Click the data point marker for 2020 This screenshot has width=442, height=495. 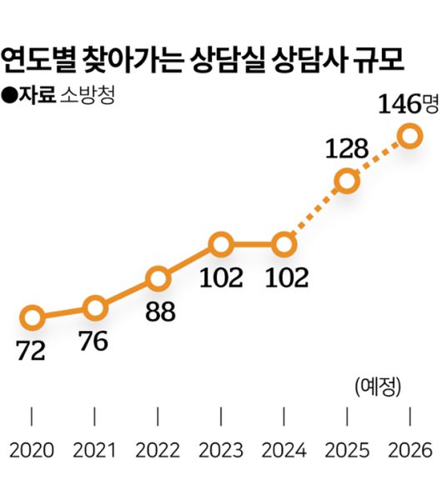click(32, 317)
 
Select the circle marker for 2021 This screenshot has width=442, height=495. click(95, 307)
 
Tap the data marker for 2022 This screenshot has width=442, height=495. click(158, 278)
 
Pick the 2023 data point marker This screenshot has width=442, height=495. click(221, 245)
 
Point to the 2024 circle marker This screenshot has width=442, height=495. click(284, 245)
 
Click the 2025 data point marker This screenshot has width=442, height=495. click(347, 181)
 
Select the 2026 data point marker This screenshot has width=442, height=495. click(409, 135)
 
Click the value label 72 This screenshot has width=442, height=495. click(31, 352)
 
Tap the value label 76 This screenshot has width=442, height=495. click(94, 341)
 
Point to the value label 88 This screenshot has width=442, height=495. click(158, 312)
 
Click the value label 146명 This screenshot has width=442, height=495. click(407, 105)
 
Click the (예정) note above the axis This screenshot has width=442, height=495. click(379, 387)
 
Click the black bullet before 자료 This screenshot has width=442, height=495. click(11, 94)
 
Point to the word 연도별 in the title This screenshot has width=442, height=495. click(36, 60)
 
